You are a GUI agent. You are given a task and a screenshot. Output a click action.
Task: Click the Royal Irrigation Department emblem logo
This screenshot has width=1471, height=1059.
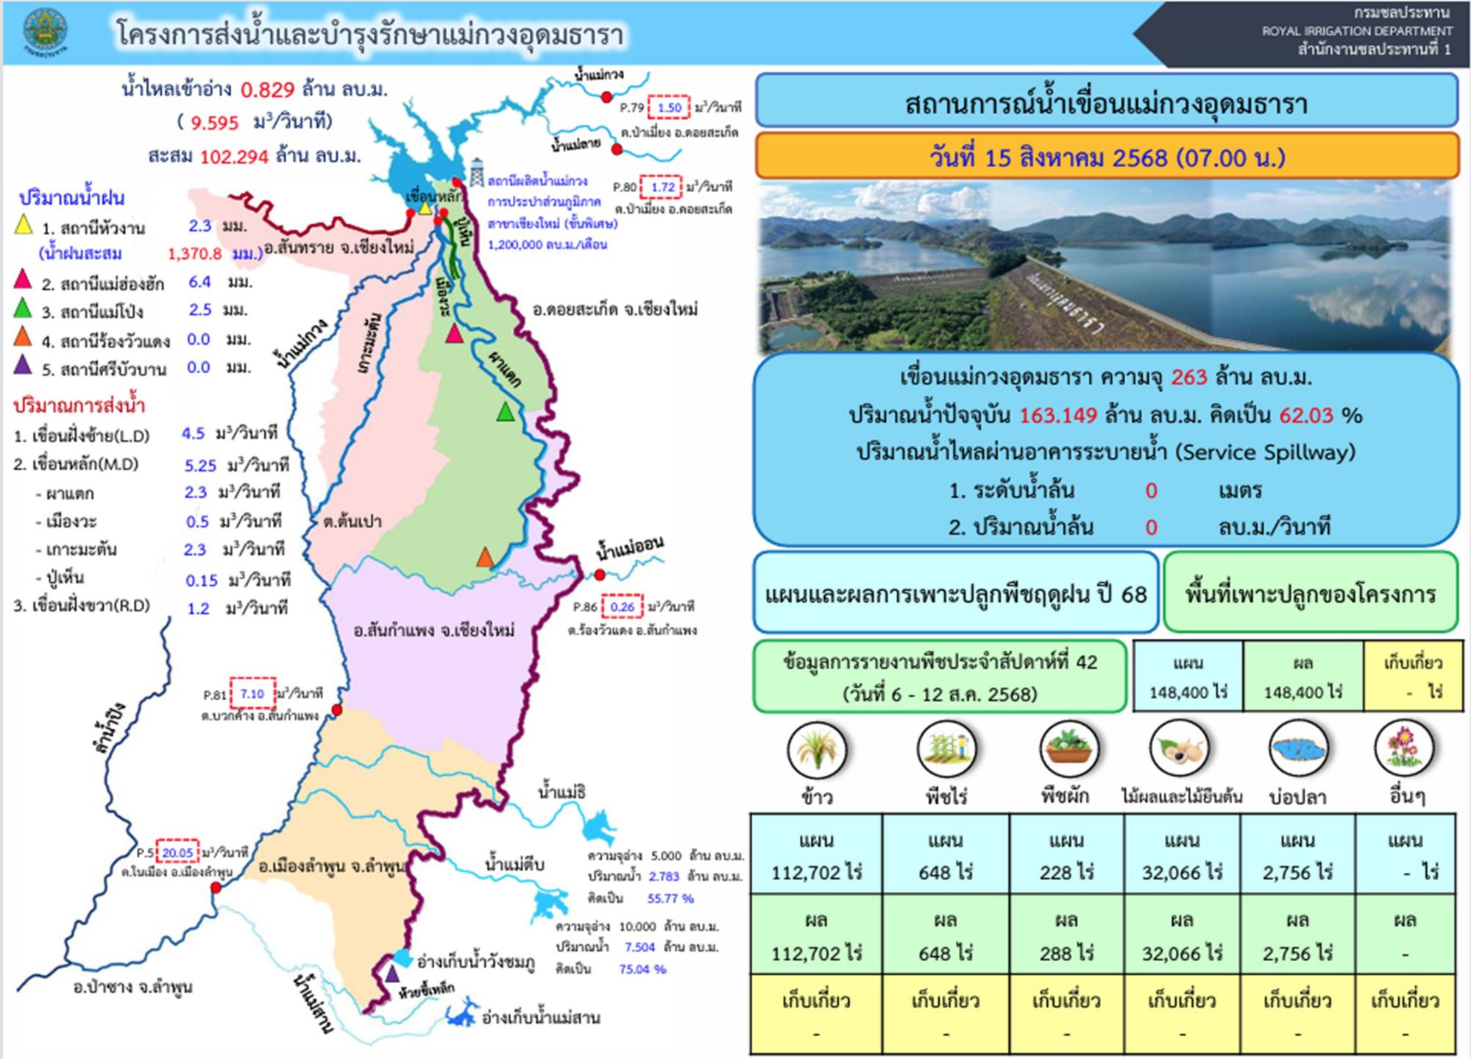[45, 32]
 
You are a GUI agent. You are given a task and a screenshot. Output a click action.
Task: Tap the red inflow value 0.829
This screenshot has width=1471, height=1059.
[268, 90]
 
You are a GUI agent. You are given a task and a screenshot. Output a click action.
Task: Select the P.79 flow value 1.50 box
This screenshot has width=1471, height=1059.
[669, 107]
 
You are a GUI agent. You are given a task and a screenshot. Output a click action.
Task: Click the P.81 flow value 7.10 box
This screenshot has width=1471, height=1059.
[252, 694]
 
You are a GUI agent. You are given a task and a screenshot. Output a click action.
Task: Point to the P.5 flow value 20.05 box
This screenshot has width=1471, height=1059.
[177, 853]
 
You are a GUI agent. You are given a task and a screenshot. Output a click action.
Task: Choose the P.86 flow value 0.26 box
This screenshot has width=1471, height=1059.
[622, 607]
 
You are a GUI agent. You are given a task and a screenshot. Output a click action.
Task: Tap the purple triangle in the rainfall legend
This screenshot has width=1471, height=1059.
[24, 366]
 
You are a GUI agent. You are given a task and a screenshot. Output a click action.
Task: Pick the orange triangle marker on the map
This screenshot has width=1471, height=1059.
[484, 557]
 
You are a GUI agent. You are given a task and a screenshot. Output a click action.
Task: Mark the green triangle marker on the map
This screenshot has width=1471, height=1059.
[505, 412]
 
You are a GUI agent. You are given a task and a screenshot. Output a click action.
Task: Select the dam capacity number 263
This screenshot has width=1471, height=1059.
[1189, 378]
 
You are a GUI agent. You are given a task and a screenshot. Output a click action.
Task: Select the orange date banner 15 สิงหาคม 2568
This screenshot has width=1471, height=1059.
[1107, 157]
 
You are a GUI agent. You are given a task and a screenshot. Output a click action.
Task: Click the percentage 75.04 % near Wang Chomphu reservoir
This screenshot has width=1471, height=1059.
[642, 969]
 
